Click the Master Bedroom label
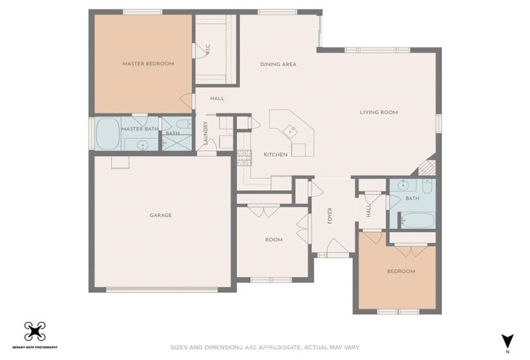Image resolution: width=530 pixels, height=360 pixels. click(x=148, y=64)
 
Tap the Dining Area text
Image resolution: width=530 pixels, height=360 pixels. click(x=278, y=64)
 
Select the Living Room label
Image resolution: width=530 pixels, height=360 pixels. click(x=378, y=113)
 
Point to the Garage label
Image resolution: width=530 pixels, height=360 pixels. click(x=161, y=215)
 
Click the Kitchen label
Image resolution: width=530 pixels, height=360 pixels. click(x=276, y=155)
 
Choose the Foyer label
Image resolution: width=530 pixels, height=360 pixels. click(x=330, y=215)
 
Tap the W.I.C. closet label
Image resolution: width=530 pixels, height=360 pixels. click(x=208, y=50)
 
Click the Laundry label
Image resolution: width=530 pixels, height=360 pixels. click(x=206, y=133)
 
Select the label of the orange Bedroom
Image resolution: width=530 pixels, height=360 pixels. click(x=401, y=271)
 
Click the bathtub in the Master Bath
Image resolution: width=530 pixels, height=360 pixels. click(x=108, y=134)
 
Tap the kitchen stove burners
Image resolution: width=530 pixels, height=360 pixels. click(x=244, y=158)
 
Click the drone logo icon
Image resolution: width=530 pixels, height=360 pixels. click(x=35, y=332)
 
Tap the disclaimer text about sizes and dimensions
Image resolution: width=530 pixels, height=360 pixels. click(x=265, y=348)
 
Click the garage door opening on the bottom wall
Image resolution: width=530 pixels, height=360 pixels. click(x=162, y=290)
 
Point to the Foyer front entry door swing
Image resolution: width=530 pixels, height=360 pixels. click(x=337, y=246)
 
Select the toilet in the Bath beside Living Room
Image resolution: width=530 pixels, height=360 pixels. click(x=427, y=186)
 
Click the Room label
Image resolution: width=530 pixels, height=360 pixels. click(x=274, y=240)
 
